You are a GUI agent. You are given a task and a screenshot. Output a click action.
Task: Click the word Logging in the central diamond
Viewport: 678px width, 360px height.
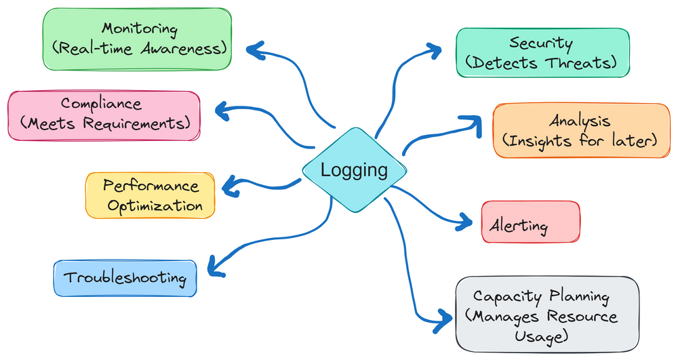(354, 170)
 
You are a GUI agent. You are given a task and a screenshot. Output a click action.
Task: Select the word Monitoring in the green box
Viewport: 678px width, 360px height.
(140, 29)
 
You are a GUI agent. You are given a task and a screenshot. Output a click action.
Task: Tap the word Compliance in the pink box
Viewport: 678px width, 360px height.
(101, 104)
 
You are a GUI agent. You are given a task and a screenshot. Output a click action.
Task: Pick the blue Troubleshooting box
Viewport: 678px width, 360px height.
(125, 278)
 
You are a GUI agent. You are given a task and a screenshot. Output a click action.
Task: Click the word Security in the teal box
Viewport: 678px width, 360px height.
(540, 44)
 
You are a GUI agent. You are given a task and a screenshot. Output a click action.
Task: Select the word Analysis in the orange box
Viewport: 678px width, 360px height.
(580, 121)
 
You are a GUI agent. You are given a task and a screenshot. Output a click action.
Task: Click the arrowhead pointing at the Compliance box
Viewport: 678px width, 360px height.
(221, 108)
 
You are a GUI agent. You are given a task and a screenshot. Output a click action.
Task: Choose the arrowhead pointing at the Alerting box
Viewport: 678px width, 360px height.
(467, 220)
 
